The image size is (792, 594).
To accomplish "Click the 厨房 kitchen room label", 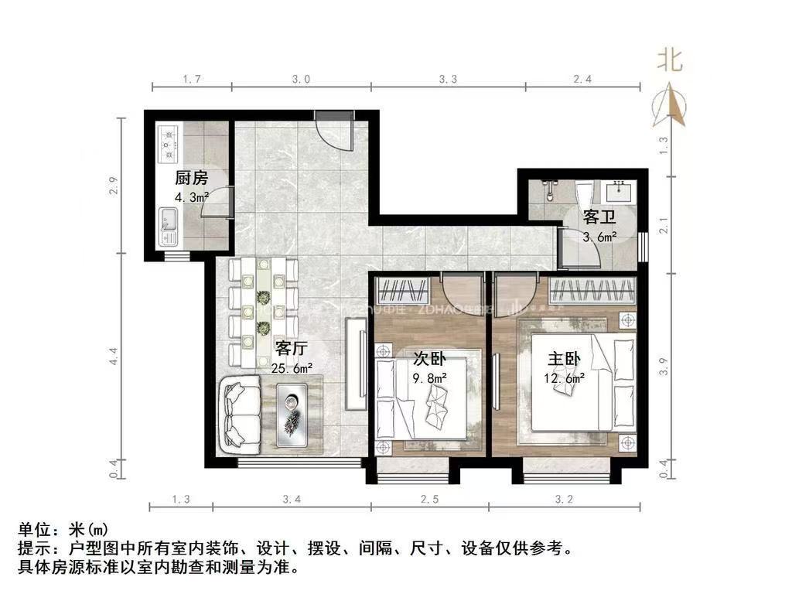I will tap(191, 177).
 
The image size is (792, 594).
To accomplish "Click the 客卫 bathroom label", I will tap(598, 218).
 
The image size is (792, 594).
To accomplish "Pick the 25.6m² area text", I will tap(292, 368).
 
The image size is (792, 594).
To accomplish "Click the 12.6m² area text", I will tap(564, 379).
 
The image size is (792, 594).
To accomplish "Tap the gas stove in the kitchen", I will tap(168, 143).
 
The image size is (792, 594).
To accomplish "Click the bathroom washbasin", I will tap(623, 190).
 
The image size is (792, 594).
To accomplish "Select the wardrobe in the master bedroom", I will tap(592, 291).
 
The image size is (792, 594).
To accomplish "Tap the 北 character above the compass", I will tap(670, 60).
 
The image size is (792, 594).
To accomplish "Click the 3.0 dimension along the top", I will tap(301, 79).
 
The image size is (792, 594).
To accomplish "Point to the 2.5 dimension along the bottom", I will tap(429, 499).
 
